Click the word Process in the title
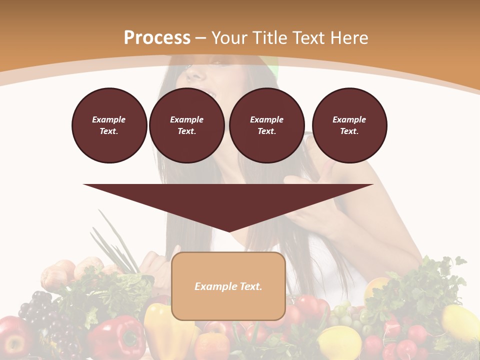157,38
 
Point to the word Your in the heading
229,38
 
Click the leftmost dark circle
109,125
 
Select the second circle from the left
186,125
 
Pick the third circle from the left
266,125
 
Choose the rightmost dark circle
349,125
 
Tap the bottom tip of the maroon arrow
228,230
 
